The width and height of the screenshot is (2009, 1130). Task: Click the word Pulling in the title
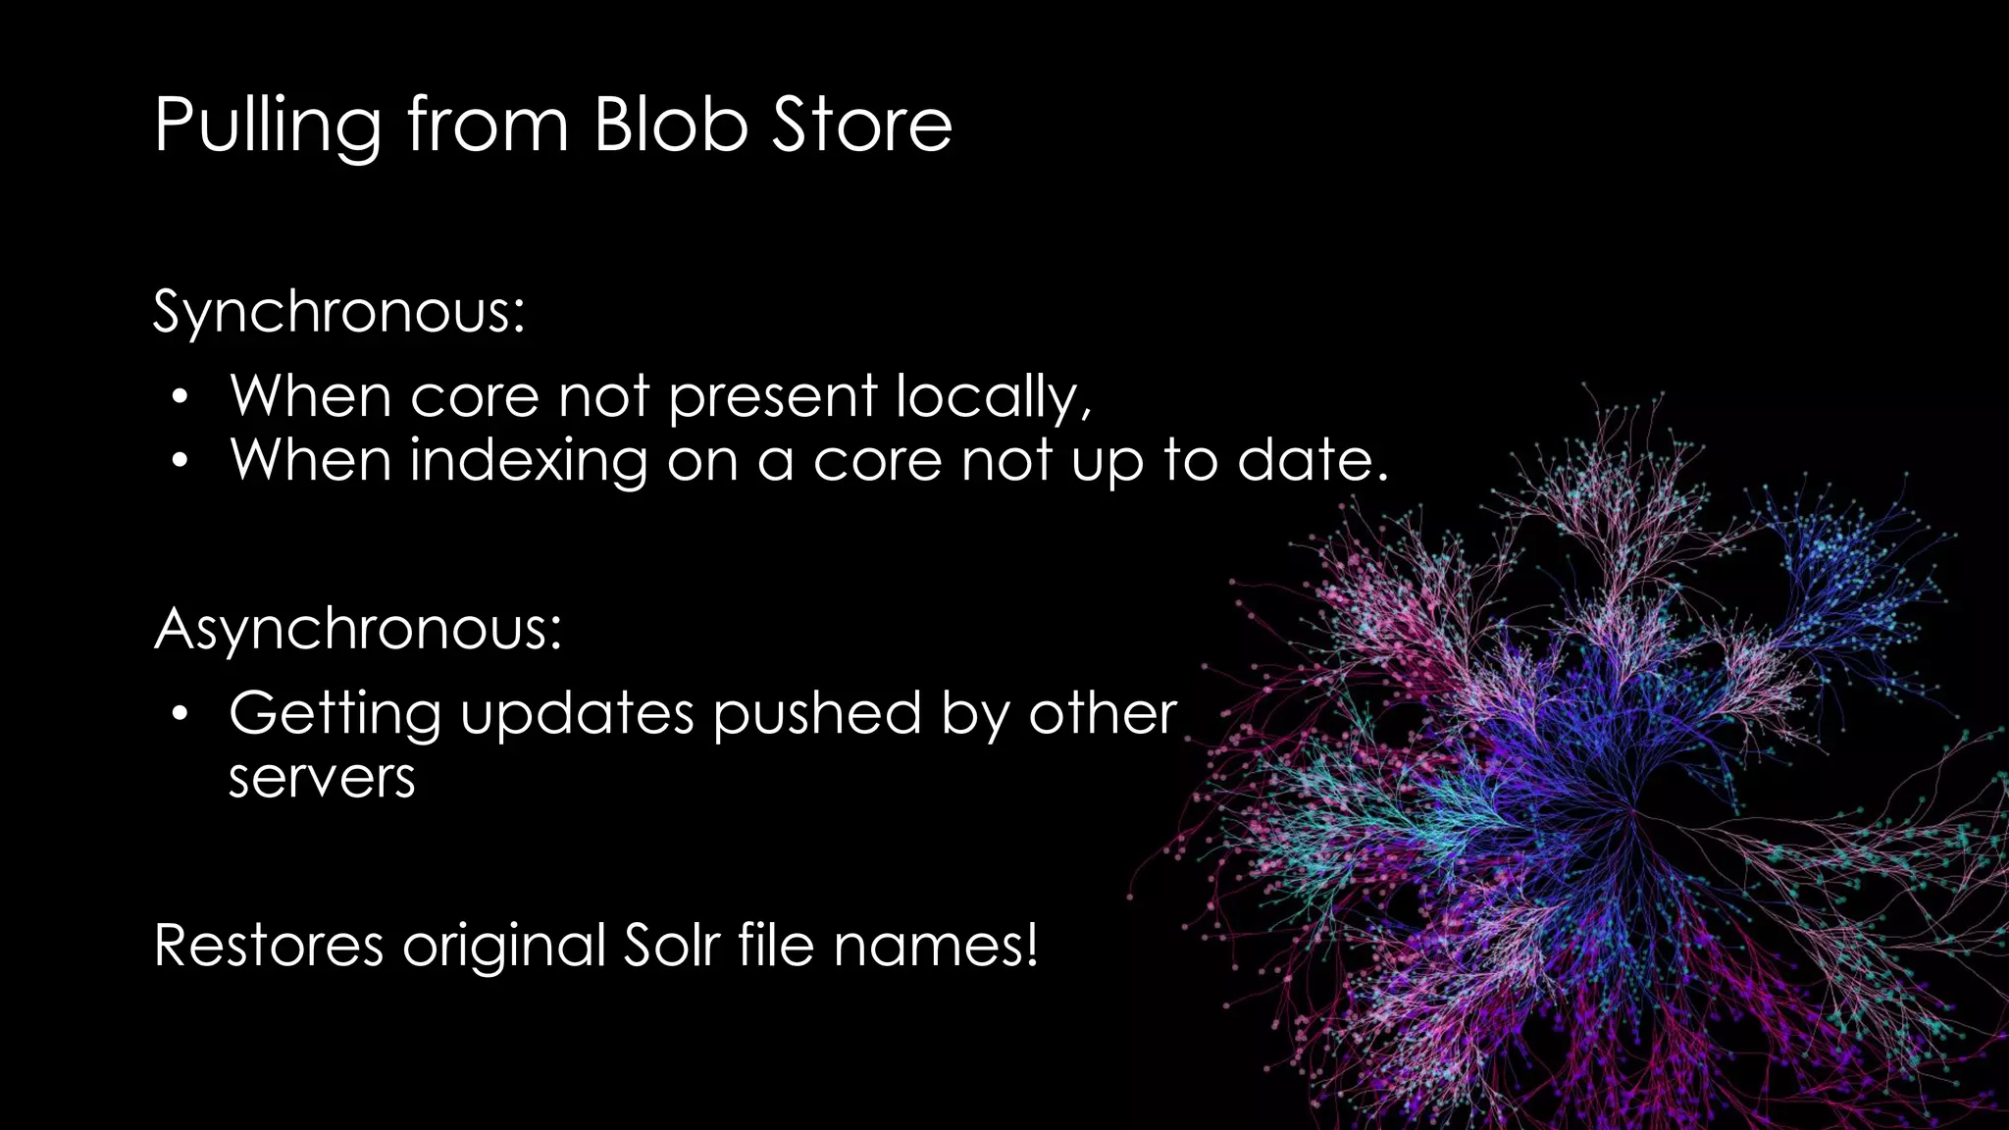(x=267, y=126)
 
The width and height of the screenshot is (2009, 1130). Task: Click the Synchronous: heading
(x=339, y=312)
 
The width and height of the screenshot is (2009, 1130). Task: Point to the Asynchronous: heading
(x=358, y=628)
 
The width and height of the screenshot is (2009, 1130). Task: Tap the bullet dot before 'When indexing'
(x=178, y=461)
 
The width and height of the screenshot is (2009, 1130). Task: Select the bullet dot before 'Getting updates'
(x=178, y=714)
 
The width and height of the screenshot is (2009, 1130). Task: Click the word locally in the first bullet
(x=993, y=397)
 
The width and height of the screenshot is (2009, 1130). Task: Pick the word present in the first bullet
(x=772, y=397)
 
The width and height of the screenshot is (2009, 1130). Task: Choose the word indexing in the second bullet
(x=529, y=461)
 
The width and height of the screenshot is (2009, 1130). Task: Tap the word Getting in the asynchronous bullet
(x=335, y=714)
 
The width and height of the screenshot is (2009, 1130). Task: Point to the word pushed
(x=817, y=714)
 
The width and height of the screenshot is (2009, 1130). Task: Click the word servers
(x=322, y=778)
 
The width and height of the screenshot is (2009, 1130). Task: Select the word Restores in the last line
(x=268, y=946)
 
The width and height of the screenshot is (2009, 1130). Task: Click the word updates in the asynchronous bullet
(x=577, y=714)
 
